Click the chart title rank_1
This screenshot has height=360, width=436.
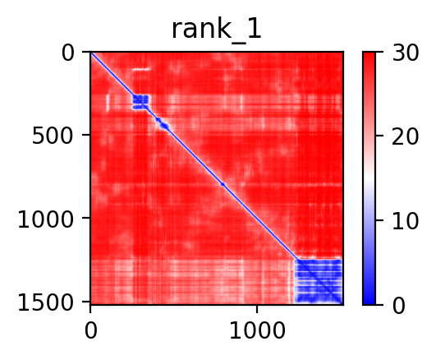216,30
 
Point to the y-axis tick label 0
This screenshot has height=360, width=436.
67,53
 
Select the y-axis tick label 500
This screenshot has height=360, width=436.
53,136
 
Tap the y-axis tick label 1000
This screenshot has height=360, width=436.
46,219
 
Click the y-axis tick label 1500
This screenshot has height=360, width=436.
46,302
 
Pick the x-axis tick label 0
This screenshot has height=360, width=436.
90,331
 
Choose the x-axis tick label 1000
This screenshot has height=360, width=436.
257,331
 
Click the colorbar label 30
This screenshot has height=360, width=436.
405,53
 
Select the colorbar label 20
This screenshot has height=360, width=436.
405,136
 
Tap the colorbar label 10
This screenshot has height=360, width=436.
405,222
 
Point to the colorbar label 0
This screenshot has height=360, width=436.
398,306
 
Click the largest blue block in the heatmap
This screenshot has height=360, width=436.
319,281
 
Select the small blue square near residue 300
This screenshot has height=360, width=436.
140,102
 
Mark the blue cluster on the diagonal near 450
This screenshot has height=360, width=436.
163,124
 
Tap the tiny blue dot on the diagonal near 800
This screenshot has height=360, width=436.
223,184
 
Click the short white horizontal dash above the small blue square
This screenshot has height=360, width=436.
140,70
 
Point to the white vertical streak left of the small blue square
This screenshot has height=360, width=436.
108,103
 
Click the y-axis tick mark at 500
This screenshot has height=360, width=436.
86,135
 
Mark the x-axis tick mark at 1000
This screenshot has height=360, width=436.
257,309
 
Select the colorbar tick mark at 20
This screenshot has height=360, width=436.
379,136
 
